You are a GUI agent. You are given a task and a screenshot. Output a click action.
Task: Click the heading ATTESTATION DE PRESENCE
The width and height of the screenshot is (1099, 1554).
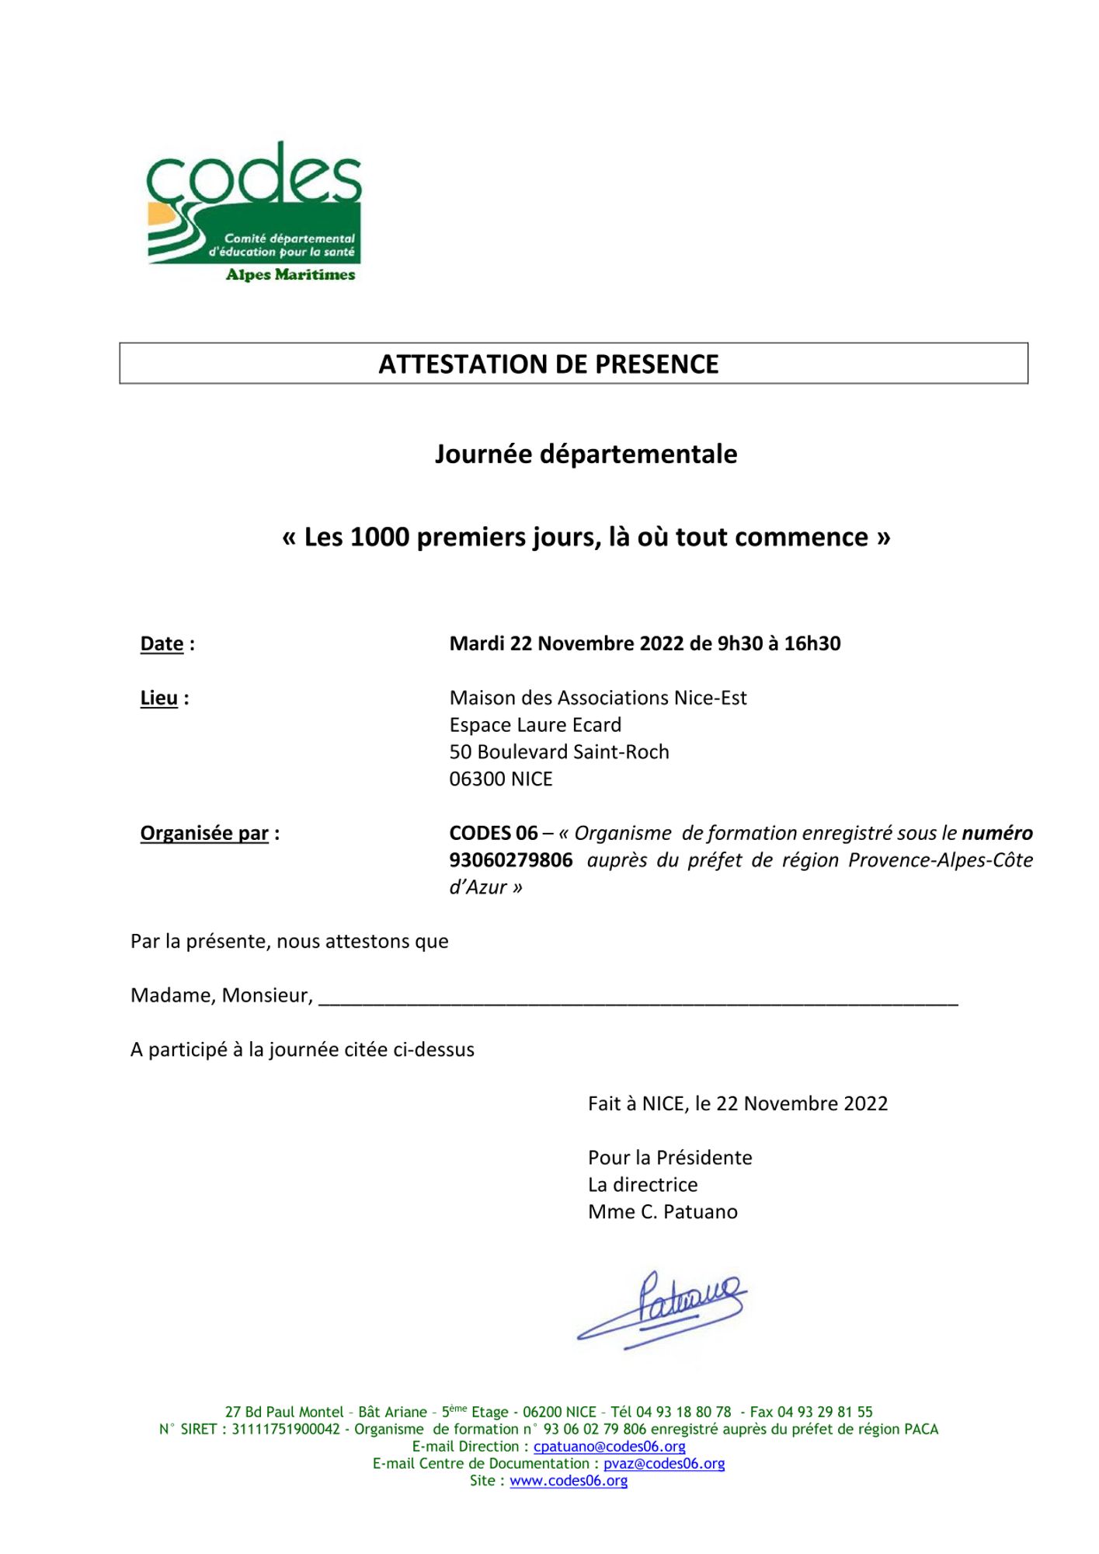(x=548, y=364)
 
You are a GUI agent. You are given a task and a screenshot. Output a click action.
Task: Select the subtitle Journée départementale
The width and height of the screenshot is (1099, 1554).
(x=586, y=454)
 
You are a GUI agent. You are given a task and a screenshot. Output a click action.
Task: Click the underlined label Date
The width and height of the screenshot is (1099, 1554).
(x=162, y=643)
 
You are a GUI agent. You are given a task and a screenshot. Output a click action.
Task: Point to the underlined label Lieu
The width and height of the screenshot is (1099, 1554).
(x=159, y=698)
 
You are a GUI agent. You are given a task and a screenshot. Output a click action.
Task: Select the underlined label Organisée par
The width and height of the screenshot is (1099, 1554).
(x=204, y=833)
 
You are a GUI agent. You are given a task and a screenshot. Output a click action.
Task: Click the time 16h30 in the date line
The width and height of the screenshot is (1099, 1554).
(x=812, y=643)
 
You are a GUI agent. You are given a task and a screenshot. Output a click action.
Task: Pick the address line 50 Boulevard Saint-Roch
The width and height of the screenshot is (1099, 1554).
(x=559, y=751)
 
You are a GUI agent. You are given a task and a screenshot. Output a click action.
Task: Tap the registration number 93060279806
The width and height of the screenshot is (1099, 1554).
(x=511, y=860)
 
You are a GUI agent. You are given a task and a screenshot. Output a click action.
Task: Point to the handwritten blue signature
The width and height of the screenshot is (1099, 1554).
(x=663, y=1308)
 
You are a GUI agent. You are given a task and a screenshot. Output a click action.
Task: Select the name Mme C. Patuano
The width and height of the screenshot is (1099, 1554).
(x=663, y=1211)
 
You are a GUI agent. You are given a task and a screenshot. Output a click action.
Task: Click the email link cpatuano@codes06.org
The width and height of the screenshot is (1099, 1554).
(x=609, y=1446)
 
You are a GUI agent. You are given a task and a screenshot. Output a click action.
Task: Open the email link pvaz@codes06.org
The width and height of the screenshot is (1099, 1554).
(x=664, y=1463)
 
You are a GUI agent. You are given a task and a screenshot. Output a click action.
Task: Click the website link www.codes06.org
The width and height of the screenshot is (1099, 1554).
(x=569, y=1480)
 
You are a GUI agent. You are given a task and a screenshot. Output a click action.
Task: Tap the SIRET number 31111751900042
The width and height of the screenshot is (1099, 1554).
(x=286, y=1429)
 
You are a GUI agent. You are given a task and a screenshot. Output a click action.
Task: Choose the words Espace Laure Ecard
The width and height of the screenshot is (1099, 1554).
(x=535, y=724)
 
